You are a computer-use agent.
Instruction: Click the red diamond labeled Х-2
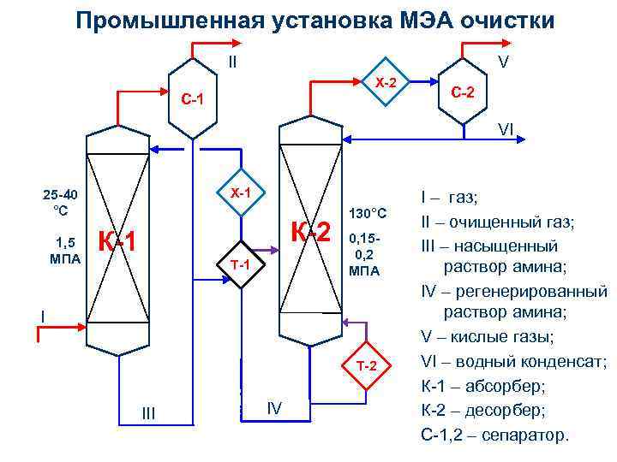tap(386, 83)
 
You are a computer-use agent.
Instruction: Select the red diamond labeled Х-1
tap(241, 192)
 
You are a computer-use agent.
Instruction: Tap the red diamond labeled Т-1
tap(240, 264)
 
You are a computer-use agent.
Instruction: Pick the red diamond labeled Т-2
tap(367, 366)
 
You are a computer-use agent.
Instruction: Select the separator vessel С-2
tap(469, 92)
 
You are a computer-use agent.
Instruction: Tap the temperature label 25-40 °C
tap(60, 202)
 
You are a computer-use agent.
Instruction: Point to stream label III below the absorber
tap(147, 413)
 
